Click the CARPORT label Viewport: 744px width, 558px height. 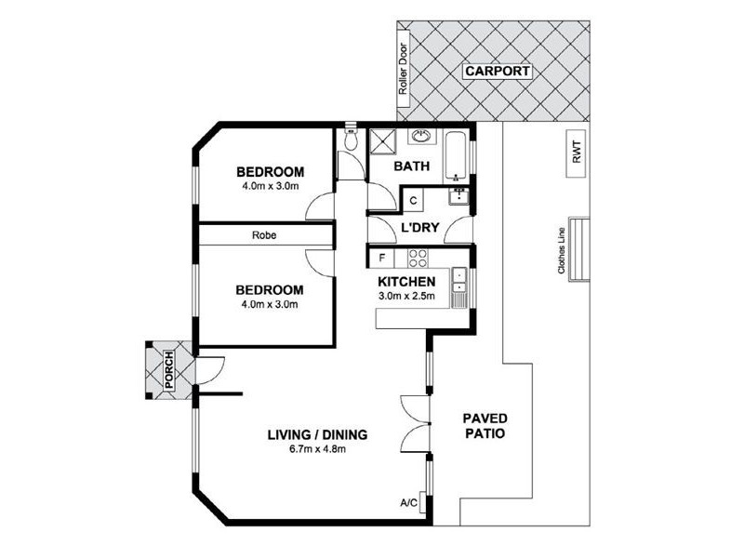pyautogui.click(x=498, y=72)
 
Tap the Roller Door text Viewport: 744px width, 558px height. pyautogui.click(x=404, y=69)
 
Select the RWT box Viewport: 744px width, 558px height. pyautogui.click(x=577, y=153)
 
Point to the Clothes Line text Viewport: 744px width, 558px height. pyautogui.click(x=562, y=250)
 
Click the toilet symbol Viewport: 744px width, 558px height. pyautogui.click(x=351, y=137)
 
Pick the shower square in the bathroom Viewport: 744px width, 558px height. pyautogui.click(x=383, y=141)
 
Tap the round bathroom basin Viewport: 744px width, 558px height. pyautogui.click(x=420, y=136)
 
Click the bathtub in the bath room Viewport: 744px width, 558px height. pyautogui.click(x=456, y=155)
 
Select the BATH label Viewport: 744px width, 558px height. pyautogui.click(x=412, y=166)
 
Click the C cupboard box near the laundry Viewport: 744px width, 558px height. pyautogui.click(x=413, y=200)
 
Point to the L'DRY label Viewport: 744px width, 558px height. pyautogui.click(x=420, y=228)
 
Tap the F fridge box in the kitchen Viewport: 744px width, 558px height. pyautogui.click(x=382, y=258)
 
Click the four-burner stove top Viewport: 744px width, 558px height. pyautogui.click(x=418, y=258)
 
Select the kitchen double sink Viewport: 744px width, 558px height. pyautogui.click(x=459, y=282)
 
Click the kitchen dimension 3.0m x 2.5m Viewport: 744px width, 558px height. pyautogui.click(x=406, y=297)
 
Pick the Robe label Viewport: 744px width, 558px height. pyautogui.click(x=264, y=235)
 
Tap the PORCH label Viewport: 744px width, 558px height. pyautogui.click(x=169, y=369)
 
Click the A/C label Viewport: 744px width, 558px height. pyautogui.click(x=408, y=503)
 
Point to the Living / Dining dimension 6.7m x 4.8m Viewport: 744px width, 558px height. pyautogui.click(x=317, y=449)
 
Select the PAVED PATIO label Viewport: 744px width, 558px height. pyautogui.click(x=485, y=426)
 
